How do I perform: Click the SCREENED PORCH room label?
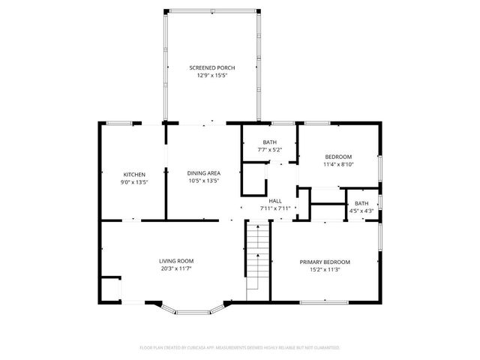211,67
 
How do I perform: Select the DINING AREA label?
203,173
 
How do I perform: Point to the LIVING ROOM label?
176,261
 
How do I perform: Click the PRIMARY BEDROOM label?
325,262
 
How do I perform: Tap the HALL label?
275,201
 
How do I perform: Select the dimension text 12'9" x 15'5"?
211,76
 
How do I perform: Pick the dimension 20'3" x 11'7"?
176,268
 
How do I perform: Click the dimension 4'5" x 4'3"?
361,211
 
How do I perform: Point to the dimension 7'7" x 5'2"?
269,149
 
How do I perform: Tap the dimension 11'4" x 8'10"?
337,164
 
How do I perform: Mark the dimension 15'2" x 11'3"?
325,269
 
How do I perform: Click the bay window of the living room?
193,307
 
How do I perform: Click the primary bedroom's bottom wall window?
324,301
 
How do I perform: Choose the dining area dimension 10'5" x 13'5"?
203,181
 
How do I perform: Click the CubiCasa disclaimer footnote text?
240,348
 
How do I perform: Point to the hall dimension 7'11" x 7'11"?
275,208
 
